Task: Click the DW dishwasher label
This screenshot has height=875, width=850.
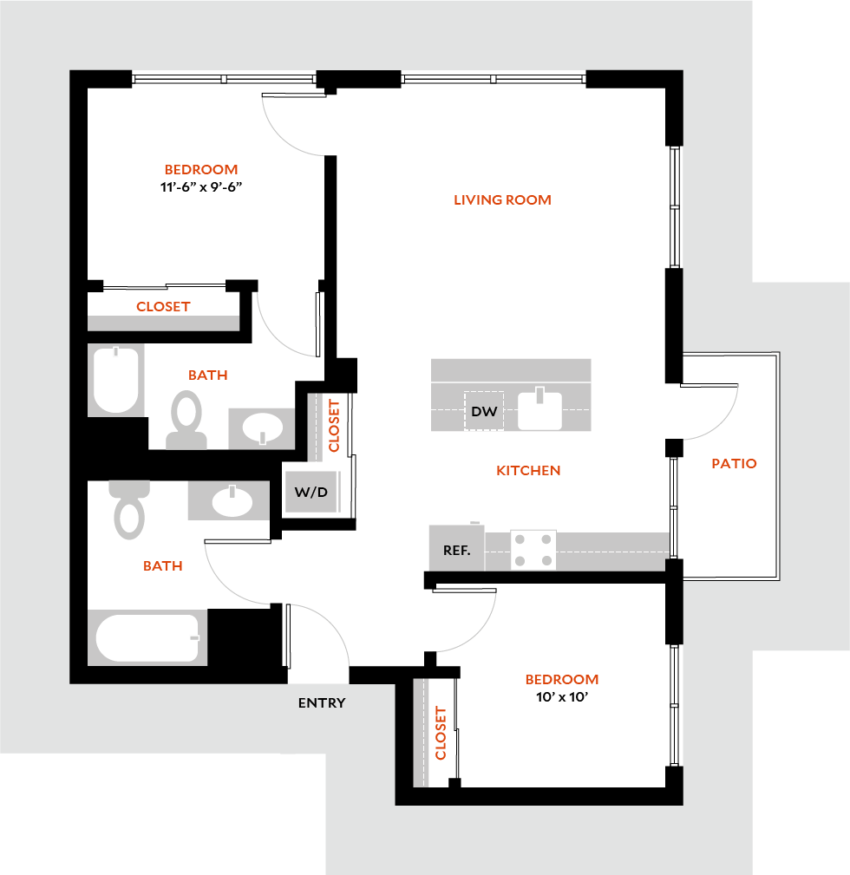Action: (484, 411)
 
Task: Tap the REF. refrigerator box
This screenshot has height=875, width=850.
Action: (456, 550)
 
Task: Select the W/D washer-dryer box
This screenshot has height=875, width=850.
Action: (311, 493)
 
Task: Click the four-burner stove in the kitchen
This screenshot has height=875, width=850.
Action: (533, 550)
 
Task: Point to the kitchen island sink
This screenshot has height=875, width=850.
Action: (539, 409)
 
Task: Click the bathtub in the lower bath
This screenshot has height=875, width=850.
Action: (147, 638)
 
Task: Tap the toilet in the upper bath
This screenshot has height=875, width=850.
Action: (186, 420)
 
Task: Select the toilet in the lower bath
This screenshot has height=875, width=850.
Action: (130, 509)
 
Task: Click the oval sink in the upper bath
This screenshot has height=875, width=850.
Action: (262, 428)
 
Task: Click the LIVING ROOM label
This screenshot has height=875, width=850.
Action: (502, 199)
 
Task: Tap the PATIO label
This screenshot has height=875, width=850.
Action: (734, 463)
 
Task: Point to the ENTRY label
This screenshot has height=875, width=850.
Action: (322, 702)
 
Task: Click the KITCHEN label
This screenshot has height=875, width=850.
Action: (528, 470)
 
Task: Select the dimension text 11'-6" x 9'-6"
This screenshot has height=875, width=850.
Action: (200, 186)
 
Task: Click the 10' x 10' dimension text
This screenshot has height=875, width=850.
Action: (561, 695)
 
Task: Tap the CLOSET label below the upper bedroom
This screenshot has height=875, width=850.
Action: (163, 306)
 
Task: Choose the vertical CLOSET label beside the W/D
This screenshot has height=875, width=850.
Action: (334, 425)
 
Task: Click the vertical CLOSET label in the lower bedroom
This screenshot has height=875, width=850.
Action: (441, 734)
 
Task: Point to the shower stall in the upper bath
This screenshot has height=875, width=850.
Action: (116, 381)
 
